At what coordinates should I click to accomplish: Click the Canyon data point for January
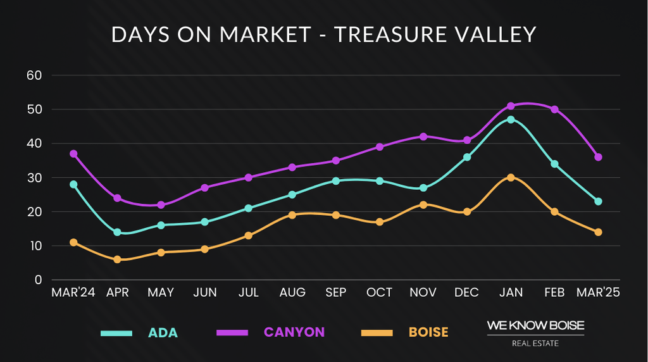[511, 106]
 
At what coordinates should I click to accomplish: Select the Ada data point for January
[511, 120]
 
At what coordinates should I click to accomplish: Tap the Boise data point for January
[511, 178]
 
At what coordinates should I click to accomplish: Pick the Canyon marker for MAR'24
[73, 154]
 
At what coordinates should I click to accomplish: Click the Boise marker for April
[117, 259]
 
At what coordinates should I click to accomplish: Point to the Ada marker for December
[467, 157]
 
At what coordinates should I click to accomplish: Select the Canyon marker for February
[554, 109]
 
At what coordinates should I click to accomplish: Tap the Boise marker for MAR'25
[598, 232]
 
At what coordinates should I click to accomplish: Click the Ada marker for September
[336, 181]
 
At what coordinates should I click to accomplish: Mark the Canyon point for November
[423, 137]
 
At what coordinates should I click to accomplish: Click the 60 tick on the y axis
[34, 75]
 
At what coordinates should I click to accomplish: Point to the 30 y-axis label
[34, 178]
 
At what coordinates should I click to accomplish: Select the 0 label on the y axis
[37, 280]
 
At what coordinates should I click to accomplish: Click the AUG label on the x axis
[292, 293]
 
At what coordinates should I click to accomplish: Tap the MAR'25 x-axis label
[598, 293]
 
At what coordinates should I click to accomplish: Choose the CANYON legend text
[294, 332]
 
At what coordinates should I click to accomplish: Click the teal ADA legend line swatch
[116, 333]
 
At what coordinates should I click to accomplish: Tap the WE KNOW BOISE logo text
[535, 325]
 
